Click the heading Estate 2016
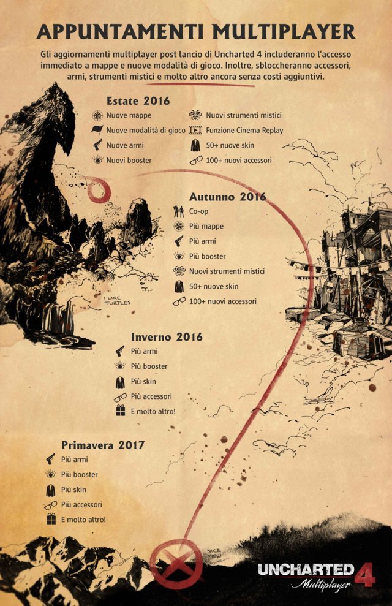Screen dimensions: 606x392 click(x=138, y=101)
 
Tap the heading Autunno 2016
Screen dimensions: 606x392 click(x=227, y=197)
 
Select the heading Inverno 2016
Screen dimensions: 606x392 click(x=167, y=336)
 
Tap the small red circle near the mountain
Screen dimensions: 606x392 click(x=98, y=191)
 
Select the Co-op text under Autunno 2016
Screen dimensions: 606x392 click(x=198, y=211)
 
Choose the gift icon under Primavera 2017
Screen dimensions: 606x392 click(x=50, y=520)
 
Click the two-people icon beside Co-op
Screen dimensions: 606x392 click(x=179, y=211)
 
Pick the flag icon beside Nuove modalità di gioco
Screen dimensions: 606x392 click(x=97, y=131)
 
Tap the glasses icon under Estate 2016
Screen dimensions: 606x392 click(x=195, y=161)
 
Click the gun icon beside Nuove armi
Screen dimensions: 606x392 click(x=97, y=145)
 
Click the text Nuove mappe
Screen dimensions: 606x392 click(x=129, y=115)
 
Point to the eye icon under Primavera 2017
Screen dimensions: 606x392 click(x=50, y=474)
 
